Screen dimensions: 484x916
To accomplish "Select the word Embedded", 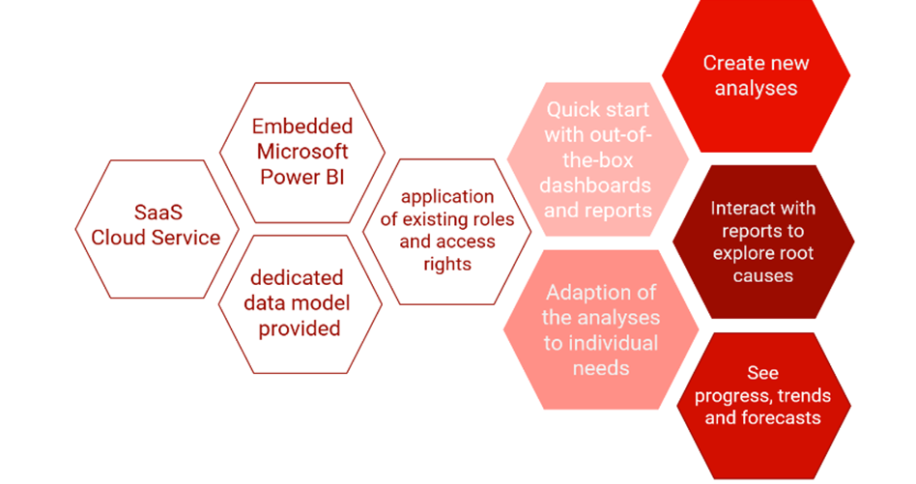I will (302, 127).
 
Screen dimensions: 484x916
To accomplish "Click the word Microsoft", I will (302, 152).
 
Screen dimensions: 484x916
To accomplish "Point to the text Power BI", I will (302, 177).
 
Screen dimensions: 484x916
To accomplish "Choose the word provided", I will (301, 328).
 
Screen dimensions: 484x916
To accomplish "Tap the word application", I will (447, 197).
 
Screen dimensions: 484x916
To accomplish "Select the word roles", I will (497, 219).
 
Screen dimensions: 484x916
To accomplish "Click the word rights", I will (447, 263).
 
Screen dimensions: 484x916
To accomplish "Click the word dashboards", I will (597, 185).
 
